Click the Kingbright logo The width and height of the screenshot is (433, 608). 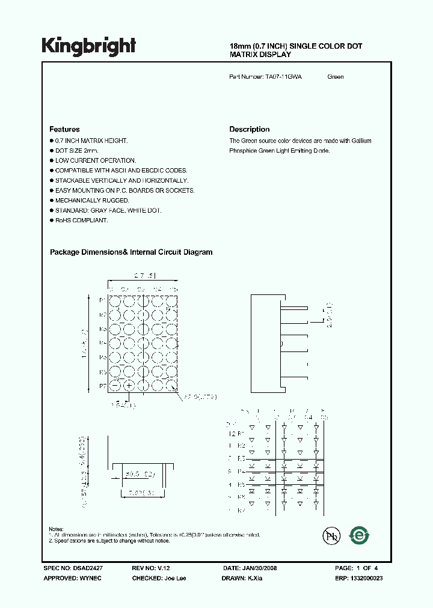tap(89, 46)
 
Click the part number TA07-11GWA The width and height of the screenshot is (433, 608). tap(284, 77)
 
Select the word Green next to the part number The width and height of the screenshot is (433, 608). tap(336, 77)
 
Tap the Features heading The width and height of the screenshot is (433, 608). tap(64, 129)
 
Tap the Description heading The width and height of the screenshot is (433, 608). tap(249, 129)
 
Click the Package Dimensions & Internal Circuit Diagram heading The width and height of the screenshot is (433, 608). tap(131, 252)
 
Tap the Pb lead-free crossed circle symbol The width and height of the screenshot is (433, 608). tap(330, 536)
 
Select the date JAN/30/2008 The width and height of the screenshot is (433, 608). tap(260, 568)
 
